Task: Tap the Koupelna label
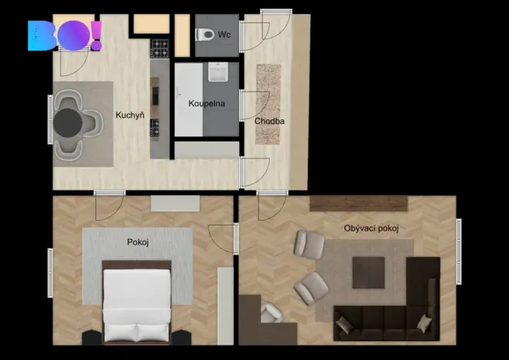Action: click(207, 103)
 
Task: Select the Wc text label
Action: click(225, 34)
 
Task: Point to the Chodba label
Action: click(270, 120)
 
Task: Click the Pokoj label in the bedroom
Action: click(138, 242)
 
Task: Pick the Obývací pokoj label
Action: click(371, 228)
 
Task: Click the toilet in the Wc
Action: click(205, 35)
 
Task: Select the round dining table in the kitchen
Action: click(69, 122)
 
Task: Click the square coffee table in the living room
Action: click(368, 272)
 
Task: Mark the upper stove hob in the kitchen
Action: click(159, 49)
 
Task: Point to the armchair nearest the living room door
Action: click(309, 245)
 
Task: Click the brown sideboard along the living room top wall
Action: click(358, 204)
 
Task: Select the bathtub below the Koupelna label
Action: click(205, 148)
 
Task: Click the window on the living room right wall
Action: click(458, 241)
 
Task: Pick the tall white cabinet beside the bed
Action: click(225, 305)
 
